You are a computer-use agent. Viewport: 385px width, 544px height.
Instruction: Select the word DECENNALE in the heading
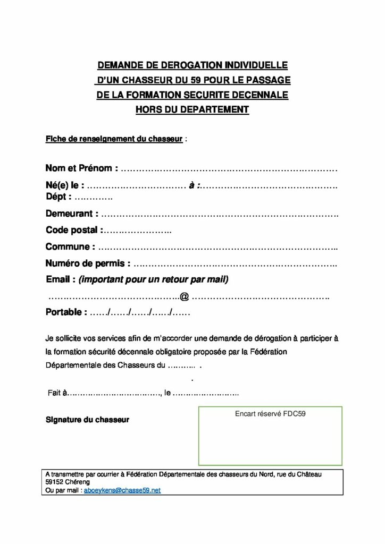(262, 95)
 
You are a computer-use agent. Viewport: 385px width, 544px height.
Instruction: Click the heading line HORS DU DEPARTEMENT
(192, 110)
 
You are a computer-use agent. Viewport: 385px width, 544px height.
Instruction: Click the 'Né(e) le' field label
(65, 186)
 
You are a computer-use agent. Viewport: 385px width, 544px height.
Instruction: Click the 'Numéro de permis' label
(88, 263)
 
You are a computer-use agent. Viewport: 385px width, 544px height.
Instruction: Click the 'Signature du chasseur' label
(87, 420)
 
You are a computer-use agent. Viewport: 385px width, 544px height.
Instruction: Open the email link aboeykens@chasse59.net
(122, 491)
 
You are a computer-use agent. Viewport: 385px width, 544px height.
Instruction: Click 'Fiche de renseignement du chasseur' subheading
(114, 140)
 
